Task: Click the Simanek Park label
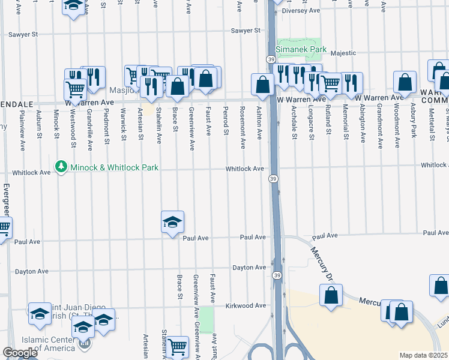[295, 49]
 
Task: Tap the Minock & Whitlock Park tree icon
[60, 166]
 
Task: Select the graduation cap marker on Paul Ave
[172, 223]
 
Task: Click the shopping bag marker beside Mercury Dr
[331, 295]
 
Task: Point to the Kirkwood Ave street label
[245, 305]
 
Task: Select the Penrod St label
[226, 121]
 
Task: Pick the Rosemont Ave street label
[243, 127]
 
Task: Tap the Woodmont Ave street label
[397, 126]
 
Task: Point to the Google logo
[20, 353]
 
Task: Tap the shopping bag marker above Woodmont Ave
[405, 83]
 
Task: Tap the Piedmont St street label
[106, 125]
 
